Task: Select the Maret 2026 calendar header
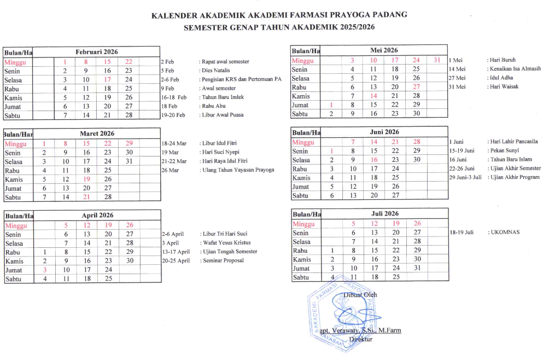pos(97,133)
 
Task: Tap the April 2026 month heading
pos(97,216)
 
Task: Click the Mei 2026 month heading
pos(383,50)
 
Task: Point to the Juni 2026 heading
pos(384,132)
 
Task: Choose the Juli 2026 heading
pos(384,214)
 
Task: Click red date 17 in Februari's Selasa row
pos(108,79)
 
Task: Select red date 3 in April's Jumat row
pos(45,270)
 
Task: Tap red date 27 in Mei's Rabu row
pos(416,87)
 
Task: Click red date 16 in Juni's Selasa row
pos(374,160)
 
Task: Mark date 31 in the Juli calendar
pos(416,268)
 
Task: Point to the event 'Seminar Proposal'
pos(223,260)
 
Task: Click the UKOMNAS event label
pos(505,232)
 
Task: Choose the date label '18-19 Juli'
pos(461,232)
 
